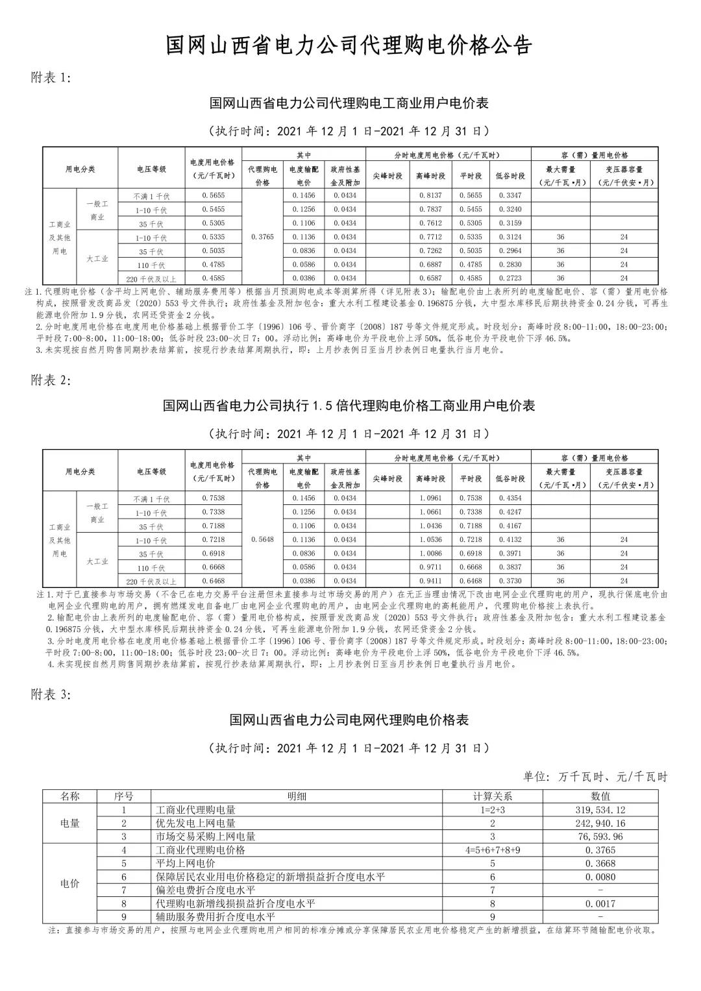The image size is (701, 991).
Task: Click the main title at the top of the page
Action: pos(349,45)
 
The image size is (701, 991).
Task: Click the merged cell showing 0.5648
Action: pos(262,539)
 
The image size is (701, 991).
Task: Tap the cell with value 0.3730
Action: pos(510,581)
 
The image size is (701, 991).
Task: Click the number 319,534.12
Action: pos(600,810)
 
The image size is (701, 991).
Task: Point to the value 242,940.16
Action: pos(600,824)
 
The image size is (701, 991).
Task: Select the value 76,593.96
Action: pos(600,837)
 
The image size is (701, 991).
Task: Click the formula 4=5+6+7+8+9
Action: pos(493,850)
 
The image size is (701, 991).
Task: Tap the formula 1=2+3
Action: pos(493,810)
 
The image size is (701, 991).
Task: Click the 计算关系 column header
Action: pos(493,796)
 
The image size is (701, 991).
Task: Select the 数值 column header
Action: pos(600,796)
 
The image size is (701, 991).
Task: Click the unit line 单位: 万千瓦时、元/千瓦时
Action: pos(595,777)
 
